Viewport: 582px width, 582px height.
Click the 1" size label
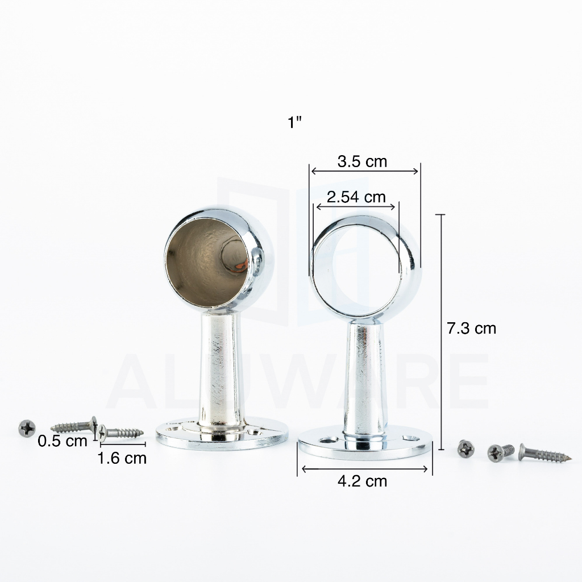[294, 122]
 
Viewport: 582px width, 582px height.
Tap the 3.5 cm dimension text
[362, 161]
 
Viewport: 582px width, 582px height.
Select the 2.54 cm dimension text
[356, 197]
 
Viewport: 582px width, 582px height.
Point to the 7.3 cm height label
[471, 329]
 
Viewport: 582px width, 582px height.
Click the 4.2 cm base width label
[362, 481]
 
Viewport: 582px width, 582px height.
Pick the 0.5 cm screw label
[63, 441]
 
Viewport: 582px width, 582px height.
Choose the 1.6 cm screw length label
[122, 459]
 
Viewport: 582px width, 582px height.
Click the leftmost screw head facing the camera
[27, 429]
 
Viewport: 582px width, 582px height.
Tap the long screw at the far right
[544, 453]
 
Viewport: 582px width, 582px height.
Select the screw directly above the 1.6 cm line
[120, 433]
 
